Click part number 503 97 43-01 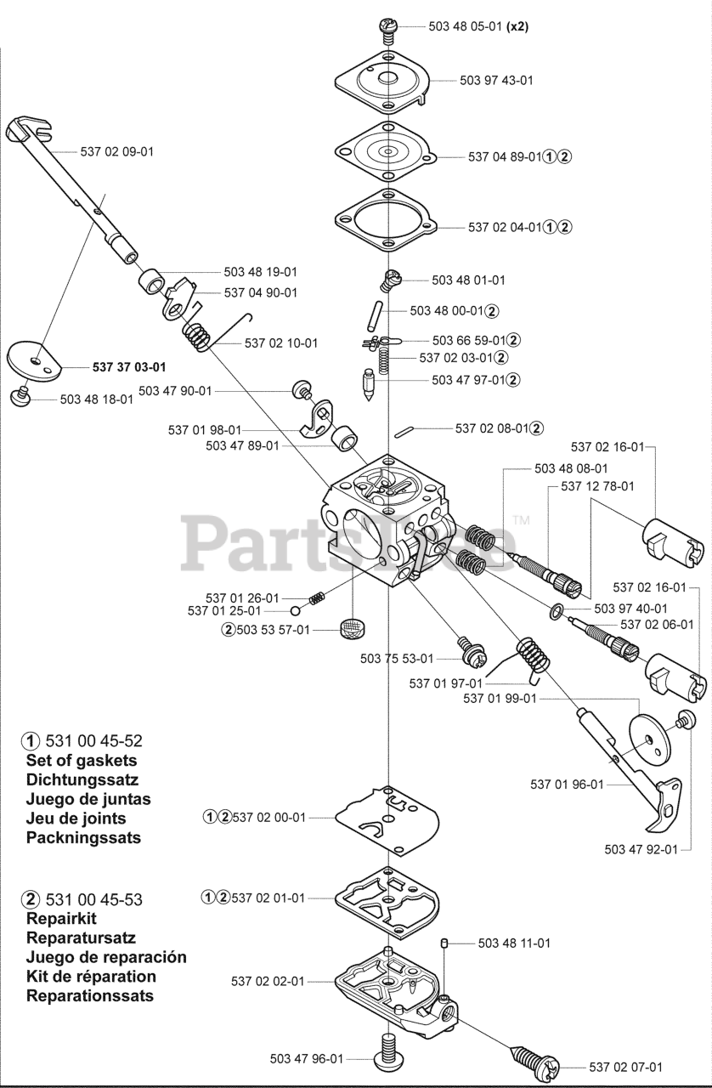496,80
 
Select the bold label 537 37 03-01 128,367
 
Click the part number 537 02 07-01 625,1067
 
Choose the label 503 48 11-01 514,943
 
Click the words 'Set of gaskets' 82,761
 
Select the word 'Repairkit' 61,919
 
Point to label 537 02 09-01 117,151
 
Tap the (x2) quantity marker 517,26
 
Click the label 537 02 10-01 281,343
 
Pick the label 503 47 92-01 641,849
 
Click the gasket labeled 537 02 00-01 387,819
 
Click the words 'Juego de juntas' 88,799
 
